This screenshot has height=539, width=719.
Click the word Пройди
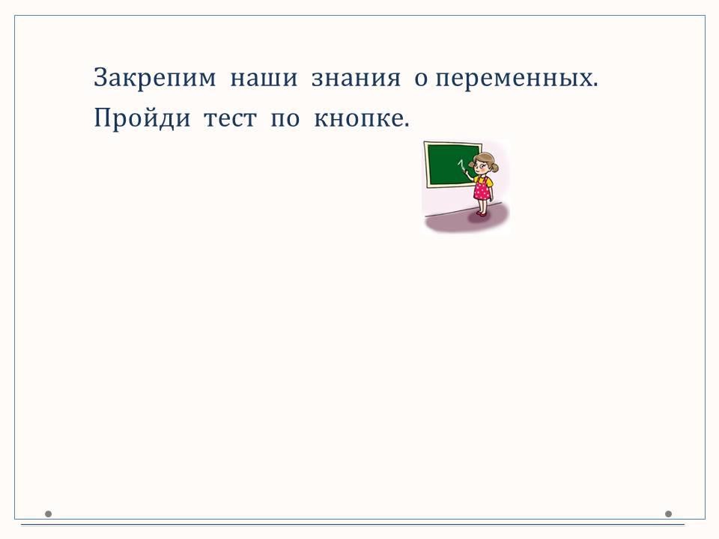coord(142,118)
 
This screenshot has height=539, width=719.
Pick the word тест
coord(230,119)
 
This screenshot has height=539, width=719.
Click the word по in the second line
coord(285,119)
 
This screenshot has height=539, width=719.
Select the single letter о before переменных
coord(421,79)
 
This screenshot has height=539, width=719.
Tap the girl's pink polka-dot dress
coord(482,189)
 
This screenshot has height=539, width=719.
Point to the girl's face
coord(481,165)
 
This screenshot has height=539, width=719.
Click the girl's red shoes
coord(481,213)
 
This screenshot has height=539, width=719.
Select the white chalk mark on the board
coord(461,164)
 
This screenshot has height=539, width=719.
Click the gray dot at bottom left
coord(48,514)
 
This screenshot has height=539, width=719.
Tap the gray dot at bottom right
coord(668,514)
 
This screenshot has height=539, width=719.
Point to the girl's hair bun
coord(495,167)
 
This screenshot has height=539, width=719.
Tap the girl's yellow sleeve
coord(489,182)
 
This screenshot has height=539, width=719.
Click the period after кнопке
coord(406,125)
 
